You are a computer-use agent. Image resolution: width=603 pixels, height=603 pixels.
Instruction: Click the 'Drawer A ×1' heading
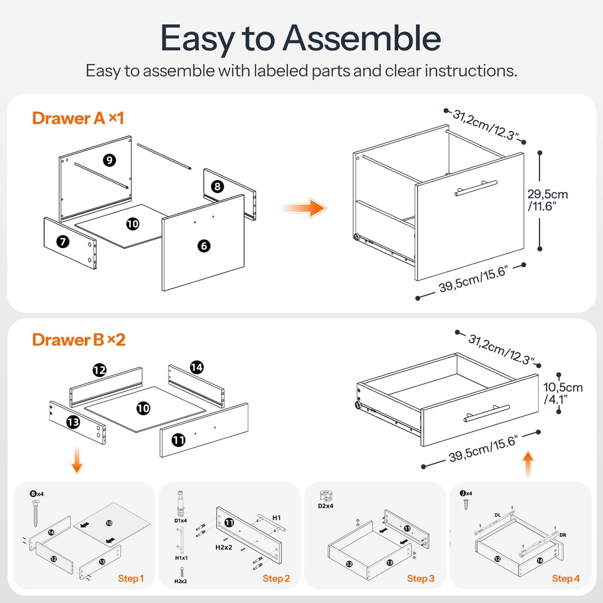click(x=78, y=119)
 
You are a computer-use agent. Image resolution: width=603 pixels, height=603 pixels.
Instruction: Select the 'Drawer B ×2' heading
click(x=78, y=340)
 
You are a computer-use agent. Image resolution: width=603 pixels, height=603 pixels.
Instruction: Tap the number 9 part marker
click(x=109, y=160)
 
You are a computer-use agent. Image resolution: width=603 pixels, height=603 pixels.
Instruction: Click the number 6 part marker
click(x=204, y=246)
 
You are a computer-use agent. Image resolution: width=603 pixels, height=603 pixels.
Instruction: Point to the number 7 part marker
click(x=63, y=241)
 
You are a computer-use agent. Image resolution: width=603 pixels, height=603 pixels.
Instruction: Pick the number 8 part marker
click(x=217, y=187)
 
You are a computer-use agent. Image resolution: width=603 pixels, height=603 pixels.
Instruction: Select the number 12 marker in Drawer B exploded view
click(x=99, y=370)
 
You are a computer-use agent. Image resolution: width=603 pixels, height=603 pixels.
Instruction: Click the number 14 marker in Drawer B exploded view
click(x=197, y=367)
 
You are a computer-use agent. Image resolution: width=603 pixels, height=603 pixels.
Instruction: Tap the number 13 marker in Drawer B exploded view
click(x=73, y=422)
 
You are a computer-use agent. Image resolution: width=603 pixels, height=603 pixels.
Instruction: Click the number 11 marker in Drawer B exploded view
click(x=179, y=440)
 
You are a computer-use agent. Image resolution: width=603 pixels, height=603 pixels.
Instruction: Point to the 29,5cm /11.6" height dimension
click(x=547, y=200)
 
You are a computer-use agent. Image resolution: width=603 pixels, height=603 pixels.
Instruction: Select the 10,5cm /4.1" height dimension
click(x=563, y=393)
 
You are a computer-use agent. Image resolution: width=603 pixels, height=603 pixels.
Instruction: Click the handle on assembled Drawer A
click(x=476, y=188)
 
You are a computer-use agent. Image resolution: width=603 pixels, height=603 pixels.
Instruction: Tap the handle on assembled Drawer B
click(x=487, y=413)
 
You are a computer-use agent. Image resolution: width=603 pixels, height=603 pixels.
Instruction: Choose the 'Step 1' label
click(x=131, y=578)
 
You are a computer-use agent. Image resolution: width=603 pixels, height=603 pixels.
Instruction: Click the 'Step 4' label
click(x=565, y=578)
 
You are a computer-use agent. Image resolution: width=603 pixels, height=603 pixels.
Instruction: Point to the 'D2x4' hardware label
click(x=325, y=506)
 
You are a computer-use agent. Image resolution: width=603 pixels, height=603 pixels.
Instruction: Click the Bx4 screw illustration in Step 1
click(x=36, y=512)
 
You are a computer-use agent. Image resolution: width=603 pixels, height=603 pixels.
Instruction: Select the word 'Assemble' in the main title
click(x=362, y=38)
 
